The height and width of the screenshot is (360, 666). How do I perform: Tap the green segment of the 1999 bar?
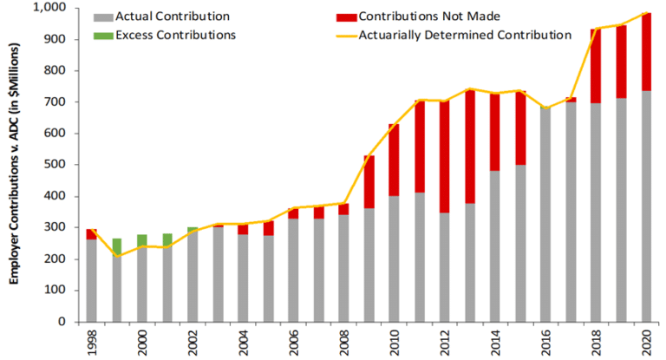point(116,246)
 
